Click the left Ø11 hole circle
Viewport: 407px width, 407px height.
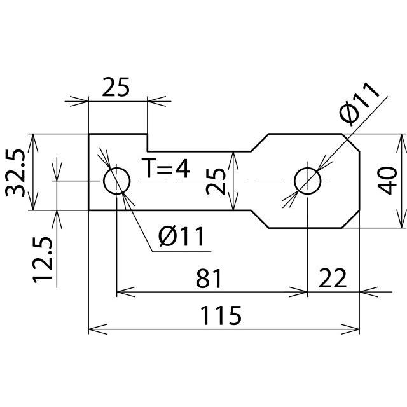(116, 181)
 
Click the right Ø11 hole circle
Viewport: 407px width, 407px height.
(308, 181)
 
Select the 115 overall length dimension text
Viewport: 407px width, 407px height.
(222, 315)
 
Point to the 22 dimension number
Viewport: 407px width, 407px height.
(332, 279)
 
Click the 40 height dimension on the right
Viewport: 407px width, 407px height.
(386, 181)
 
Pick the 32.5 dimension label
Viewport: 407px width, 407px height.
(15, 172)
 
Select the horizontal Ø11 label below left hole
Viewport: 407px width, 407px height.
(182, 237)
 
